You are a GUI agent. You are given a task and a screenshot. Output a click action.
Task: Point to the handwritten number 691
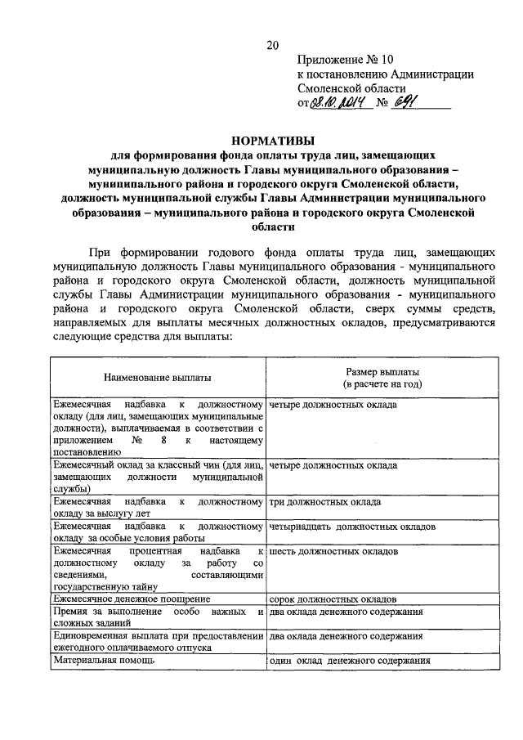[x=406, y=102]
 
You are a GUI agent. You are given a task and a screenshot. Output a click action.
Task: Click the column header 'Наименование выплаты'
[x=157, y=378]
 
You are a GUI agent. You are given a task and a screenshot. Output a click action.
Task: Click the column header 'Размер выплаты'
[x=382, y=371]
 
